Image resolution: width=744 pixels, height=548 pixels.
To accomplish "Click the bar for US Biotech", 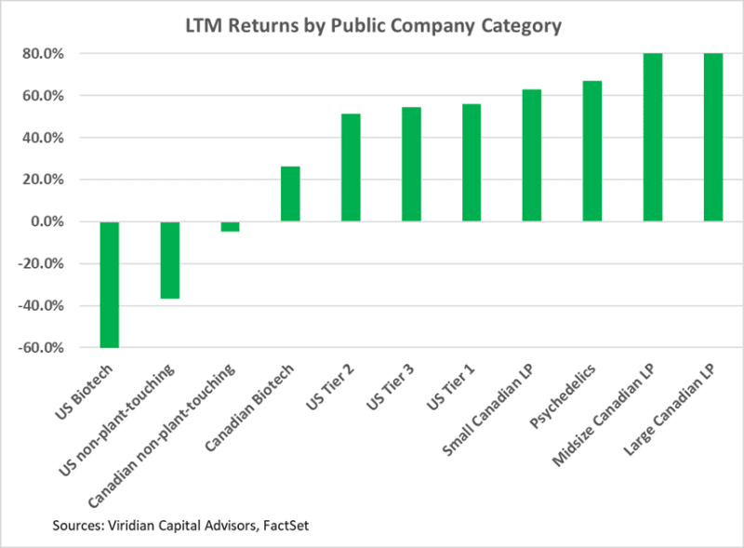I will pos(110,284).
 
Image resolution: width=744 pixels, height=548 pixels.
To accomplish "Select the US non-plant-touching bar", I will pos(169,260).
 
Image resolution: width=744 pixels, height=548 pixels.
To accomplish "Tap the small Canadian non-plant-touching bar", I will pos(230,226).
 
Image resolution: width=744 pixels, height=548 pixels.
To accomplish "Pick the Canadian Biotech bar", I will pos(290,194).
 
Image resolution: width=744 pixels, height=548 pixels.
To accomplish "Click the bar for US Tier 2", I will pos(351,167).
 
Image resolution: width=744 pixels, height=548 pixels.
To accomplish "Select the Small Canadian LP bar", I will pos(532,155).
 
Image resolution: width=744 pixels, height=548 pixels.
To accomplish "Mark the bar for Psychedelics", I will pos(592,151).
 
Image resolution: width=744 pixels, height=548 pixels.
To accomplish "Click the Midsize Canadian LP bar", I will pos(653,138).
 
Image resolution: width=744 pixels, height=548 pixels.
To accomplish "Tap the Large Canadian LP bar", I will pos(713,138).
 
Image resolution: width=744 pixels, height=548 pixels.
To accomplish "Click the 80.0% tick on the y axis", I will pos(44,54).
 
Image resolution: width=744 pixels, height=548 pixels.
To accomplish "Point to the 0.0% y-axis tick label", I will pos(46,221).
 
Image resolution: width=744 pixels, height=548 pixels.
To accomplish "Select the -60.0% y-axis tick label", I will pos(40,348).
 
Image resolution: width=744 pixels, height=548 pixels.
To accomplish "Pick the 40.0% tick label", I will pos(44,138).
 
